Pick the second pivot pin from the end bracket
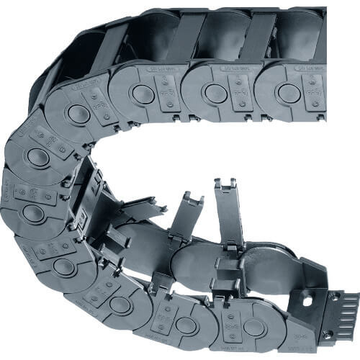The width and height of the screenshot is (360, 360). pos(186,325)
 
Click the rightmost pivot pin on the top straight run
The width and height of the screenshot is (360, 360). pos(289,92)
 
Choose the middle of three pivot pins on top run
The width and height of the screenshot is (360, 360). pos(215,92)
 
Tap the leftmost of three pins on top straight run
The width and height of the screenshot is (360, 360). pos(143,93)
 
